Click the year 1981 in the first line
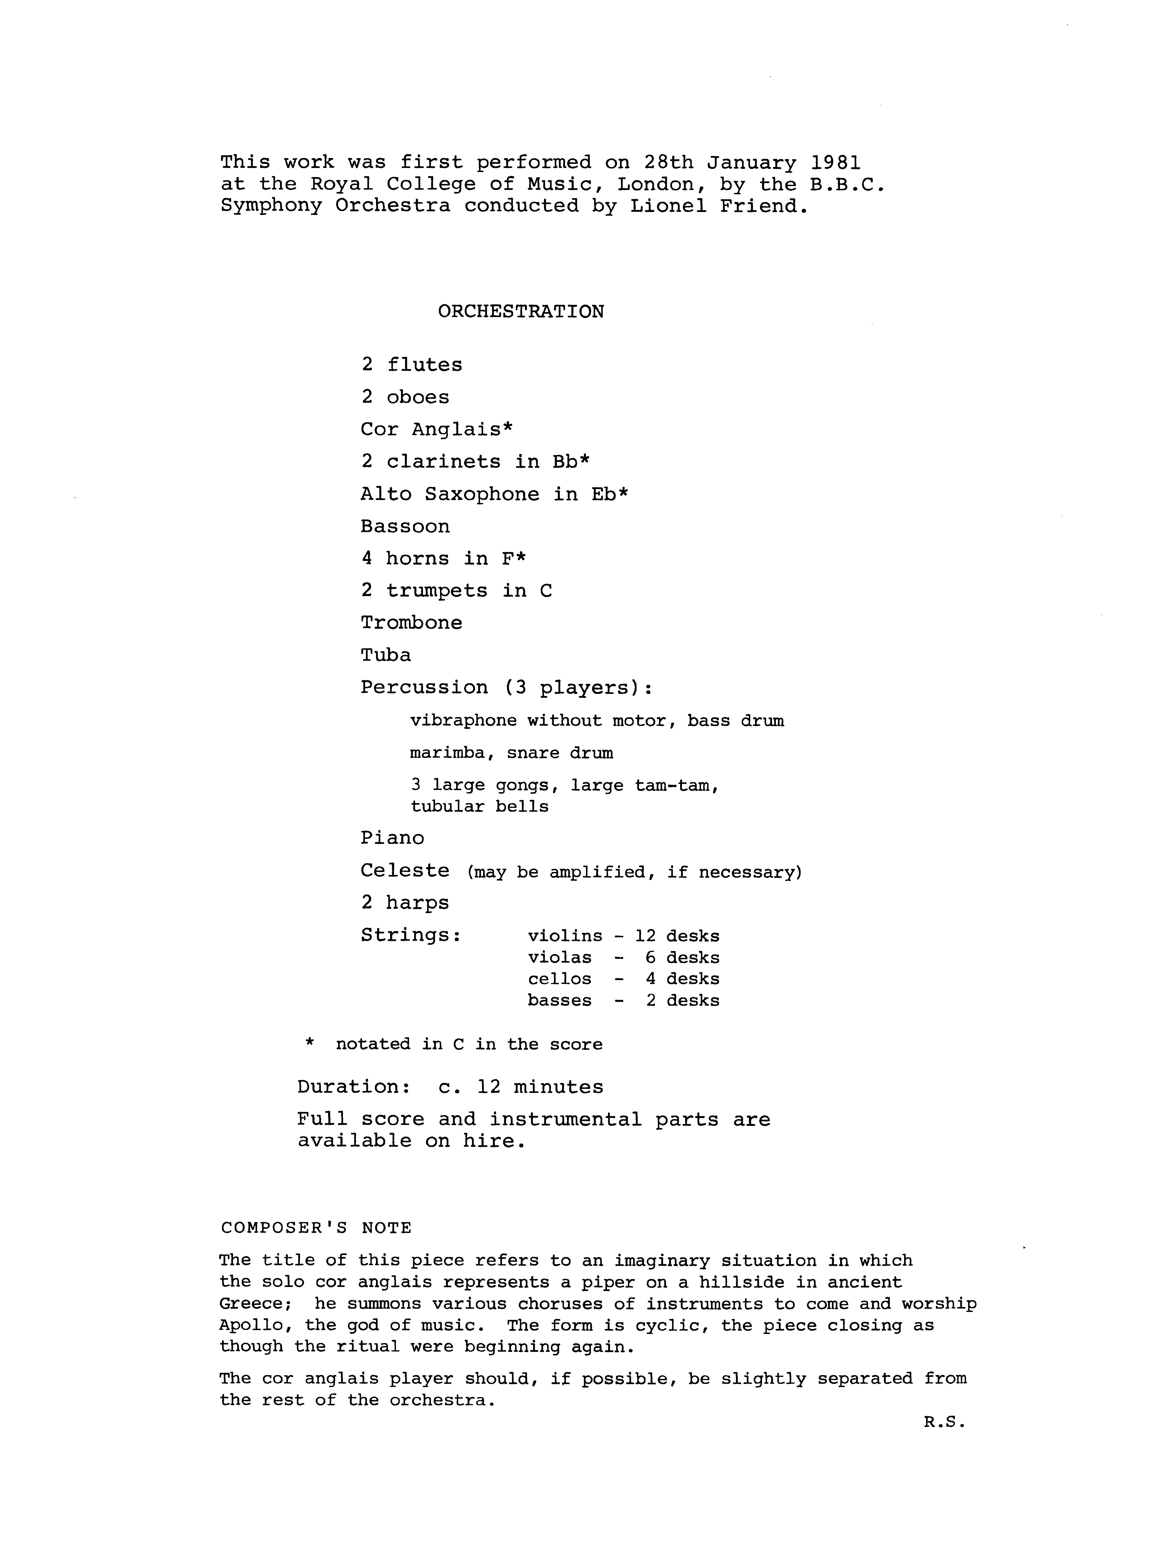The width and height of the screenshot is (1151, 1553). tap(836, 162)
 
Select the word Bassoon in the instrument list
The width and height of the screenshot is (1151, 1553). tap(405, 526)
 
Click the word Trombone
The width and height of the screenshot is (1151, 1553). tap(411, 622)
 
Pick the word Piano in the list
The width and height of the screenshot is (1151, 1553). tap(392, 838)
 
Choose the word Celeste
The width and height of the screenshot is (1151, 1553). tap(405, 870)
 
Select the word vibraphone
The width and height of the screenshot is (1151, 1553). tap(463, 720)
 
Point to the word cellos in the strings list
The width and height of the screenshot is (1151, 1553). tap(559, 979)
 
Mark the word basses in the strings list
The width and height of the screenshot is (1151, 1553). tap(559, 1001)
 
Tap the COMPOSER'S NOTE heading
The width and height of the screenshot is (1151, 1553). tap(316, 1228)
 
